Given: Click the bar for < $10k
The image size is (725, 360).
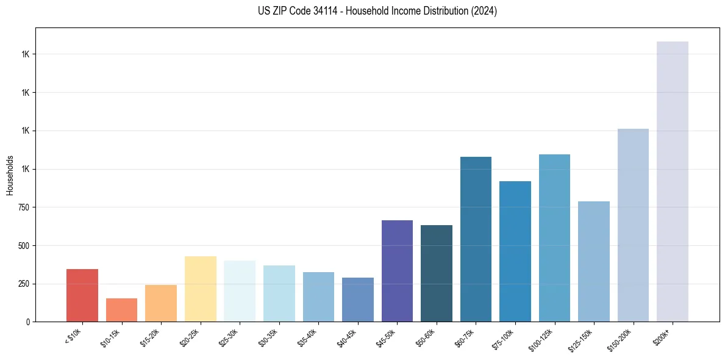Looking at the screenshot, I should pyautogui.click(x=82, y=295).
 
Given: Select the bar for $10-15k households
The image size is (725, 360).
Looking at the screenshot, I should pyautogui.click(x=121, y=310).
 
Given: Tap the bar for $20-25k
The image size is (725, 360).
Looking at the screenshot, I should pyautogui.click(x=200, y=289).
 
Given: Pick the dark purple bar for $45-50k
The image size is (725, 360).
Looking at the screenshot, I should pyautogui.click(x=397, y=271).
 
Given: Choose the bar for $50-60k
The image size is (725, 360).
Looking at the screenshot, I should pyautogui.click(x=437, y=273).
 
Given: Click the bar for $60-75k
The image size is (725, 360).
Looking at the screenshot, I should pyautogui.click(x=476, y=239).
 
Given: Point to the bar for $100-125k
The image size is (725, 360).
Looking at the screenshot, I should pyautogui.click(x=554, y=238).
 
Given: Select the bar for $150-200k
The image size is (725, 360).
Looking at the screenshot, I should pyautogui.click(x=633, y=225).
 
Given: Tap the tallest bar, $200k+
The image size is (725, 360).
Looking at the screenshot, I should pyautogui.click(x=673, y=181).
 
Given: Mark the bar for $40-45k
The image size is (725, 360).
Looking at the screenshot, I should pyautogui.click(x=358, y=300).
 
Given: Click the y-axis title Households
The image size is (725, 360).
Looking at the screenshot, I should pyautogui.click(x=10, y=175).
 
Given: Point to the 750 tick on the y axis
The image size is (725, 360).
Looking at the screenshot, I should pyautogui.click(x=24, y=207).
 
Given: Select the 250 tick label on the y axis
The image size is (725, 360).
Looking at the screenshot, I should pyautogui.click(x=24, y=284).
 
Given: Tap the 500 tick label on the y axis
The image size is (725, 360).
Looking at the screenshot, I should pyautogui.click(x=24, y=246).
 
